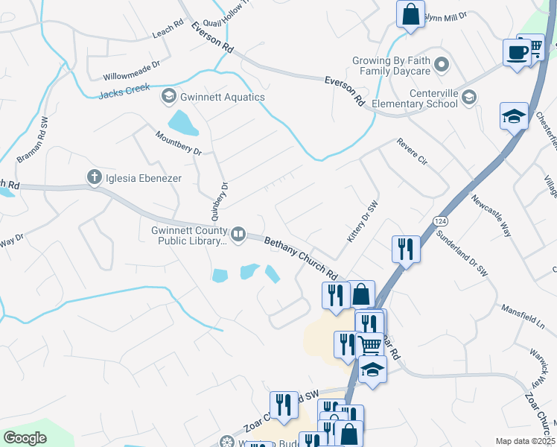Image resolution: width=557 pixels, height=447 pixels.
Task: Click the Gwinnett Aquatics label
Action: pyautogui.click(x=222, y=97)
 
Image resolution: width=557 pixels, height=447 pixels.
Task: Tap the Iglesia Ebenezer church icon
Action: pyautogui.click(x=94, y=177)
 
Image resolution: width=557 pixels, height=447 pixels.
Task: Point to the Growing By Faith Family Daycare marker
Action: pyautogui.click(x=442, y=65)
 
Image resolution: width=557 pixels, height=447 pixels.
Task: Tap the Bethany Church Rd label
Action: pyautogui.click(x=302, y=256)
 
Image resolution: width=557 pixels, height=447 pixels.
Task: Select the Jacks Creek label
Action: pyautogui.click(x=124, y=94)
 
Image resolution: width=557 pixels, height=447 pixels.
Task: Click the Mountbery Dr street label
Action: pyautogui.click(x=179, y=143)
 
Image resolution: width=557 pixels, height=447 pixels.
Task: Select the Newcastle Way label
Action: pyautogui.click(x=491, y=216)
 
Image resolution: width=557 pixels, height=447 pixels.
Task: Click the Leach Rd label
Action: pyautogui.click(x=167, y=28)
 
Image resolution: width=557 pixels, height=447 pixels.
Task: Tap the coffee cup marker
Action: pyautogui.click(x=516, y=53)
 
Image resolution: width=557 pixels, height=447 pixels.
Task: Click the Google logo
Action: pyautogui.click(x=25, y=438)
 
